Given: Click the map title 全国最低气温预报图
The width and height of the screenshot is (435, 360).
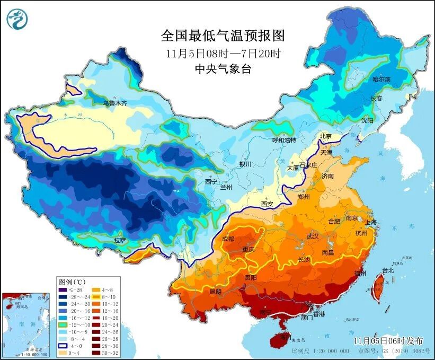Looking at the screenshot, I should tap(223, 36).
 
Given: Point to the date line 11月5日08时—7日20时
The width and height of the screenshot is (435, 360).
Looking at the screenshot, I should tap(223, 53).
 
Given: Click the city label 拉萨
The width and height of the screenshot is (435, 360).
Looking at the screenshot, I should tap(120, 240).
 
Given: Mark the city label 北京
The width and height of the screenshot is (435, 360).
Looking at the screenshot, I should tap(325, 136).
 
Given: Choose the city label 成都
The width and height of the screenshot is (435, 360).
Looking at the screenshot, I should tap(228, 239).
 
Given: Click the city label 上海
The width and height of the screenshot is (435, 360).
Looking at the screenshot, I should tap(371, 222).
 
